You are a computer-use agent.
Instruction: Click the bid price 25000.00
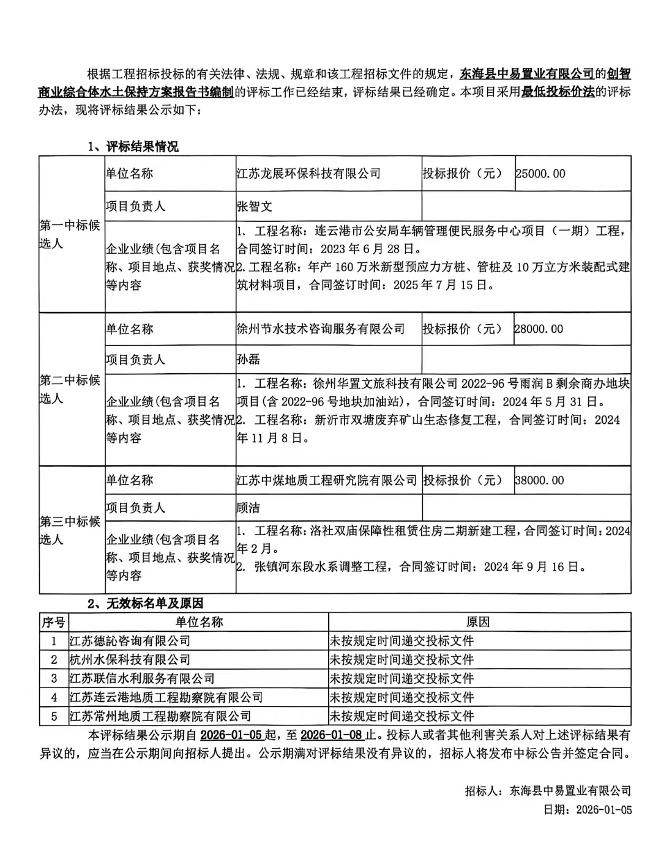point(540,174)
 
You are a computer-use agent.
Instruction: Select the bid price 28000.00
point(539,329)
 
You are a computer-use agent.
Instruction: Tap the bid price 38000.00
point(539,481)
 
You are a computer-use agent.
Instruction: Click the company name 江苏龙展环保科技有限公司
point(308,174)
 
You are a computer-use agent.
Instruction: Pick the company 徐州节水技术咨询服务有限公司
point(321,329)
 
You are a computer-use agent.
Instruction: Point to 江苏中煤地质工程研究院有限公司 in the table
point(327,481)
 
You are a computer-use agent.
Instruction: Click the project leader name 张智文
point(255,206)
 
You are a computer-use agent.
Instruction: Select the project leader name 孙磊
point(248,360)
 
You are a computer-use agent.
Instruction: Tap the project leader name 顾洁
point(248,508)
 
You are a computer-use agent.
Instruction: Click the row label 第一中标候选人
point(70,234)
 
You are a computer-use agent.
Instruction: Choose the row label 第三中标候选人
point(70,530)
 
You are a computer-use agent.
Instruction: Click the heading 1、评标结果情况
point(133,147)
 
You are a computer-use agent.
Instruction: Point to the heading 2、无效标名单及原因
point(145,604)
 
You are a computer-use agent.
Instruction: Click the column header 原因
point(478,622)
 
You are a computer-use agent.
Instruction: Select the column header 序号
point(53,622)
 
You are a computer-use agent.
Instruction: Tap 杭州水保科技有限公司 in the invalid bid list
point(130,659)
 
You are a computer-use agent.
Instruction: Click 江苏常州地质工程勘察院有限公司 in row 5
point(160,716)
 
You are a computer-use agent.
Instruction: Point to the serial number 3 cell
point(54,678)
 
